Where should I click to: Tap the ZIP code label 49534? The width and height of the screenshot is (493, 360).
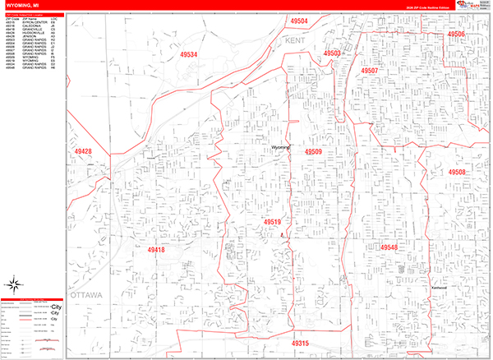[190, 55]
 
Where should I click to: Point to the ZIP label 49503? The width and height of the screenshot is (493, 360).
[332, 53]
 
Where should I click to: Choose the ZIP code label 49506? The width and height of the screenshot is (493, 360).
[456, 35]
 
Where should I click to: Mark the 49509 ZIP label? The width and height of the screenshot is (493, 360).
[313, 152]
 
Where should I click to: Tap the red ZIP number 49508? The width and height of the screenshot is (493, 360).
[457, 173]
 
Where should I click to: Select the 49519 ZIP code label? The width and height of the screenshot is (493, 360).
[273, 222]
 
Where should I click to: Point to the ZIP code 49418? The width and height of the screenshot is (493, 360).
[156, 249]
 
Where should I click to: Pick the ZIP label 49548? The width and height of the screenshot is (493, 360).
[389, 247]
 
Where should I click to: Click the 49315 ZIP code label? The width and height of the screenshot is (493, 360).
[300, 343]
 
